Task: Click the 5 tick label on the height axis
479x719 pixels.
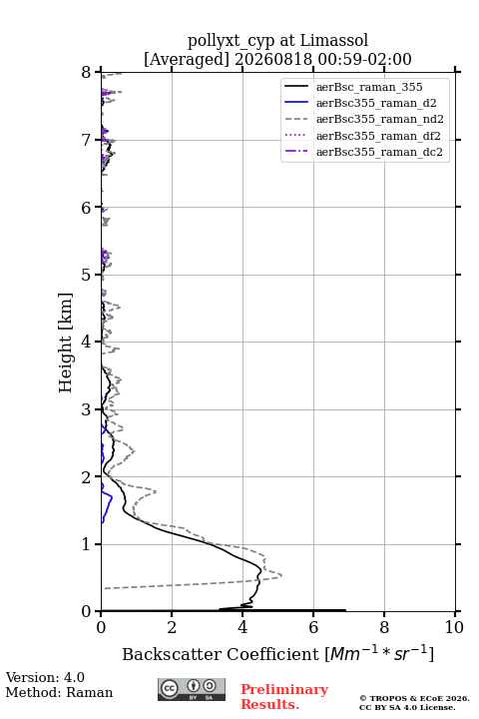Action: pyautogui.click(x=87, y=275)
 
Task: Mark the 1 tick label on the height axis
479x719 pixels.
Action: pyautogui.click(x=87, y=544)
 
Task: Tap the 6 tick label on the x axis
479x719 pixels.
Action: pyautogui.click(x=313, y=627)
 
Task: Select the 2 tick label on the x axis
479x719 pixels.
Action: pyautogui.click(x=172, y=627)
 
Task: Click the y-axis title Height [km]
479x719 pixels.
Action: pyautogui.click(x=66, y=343)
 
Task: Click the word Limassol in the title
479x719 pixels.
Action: pyautogui.click(x=333, y=41)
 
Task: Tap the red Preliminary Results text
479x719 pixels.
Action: pyautogui.click(x=284, y=697)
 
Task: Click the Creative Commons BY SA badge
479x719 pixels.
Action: pyautogui.click(x=192, y=690)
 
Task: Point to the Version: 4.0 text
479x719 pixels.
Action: pyautogui.click(x=45, y=677)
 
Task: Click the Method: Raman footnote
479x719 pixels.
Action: pyautogui.click(x=59, y=692)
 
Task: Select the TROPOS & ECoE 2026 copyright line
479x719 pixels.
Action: pyautogui.click(x=414, y=699)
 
